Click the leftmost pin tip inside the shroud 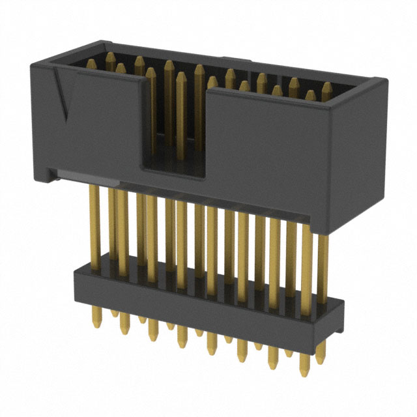pyautogui.click(x=90, y=63)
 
